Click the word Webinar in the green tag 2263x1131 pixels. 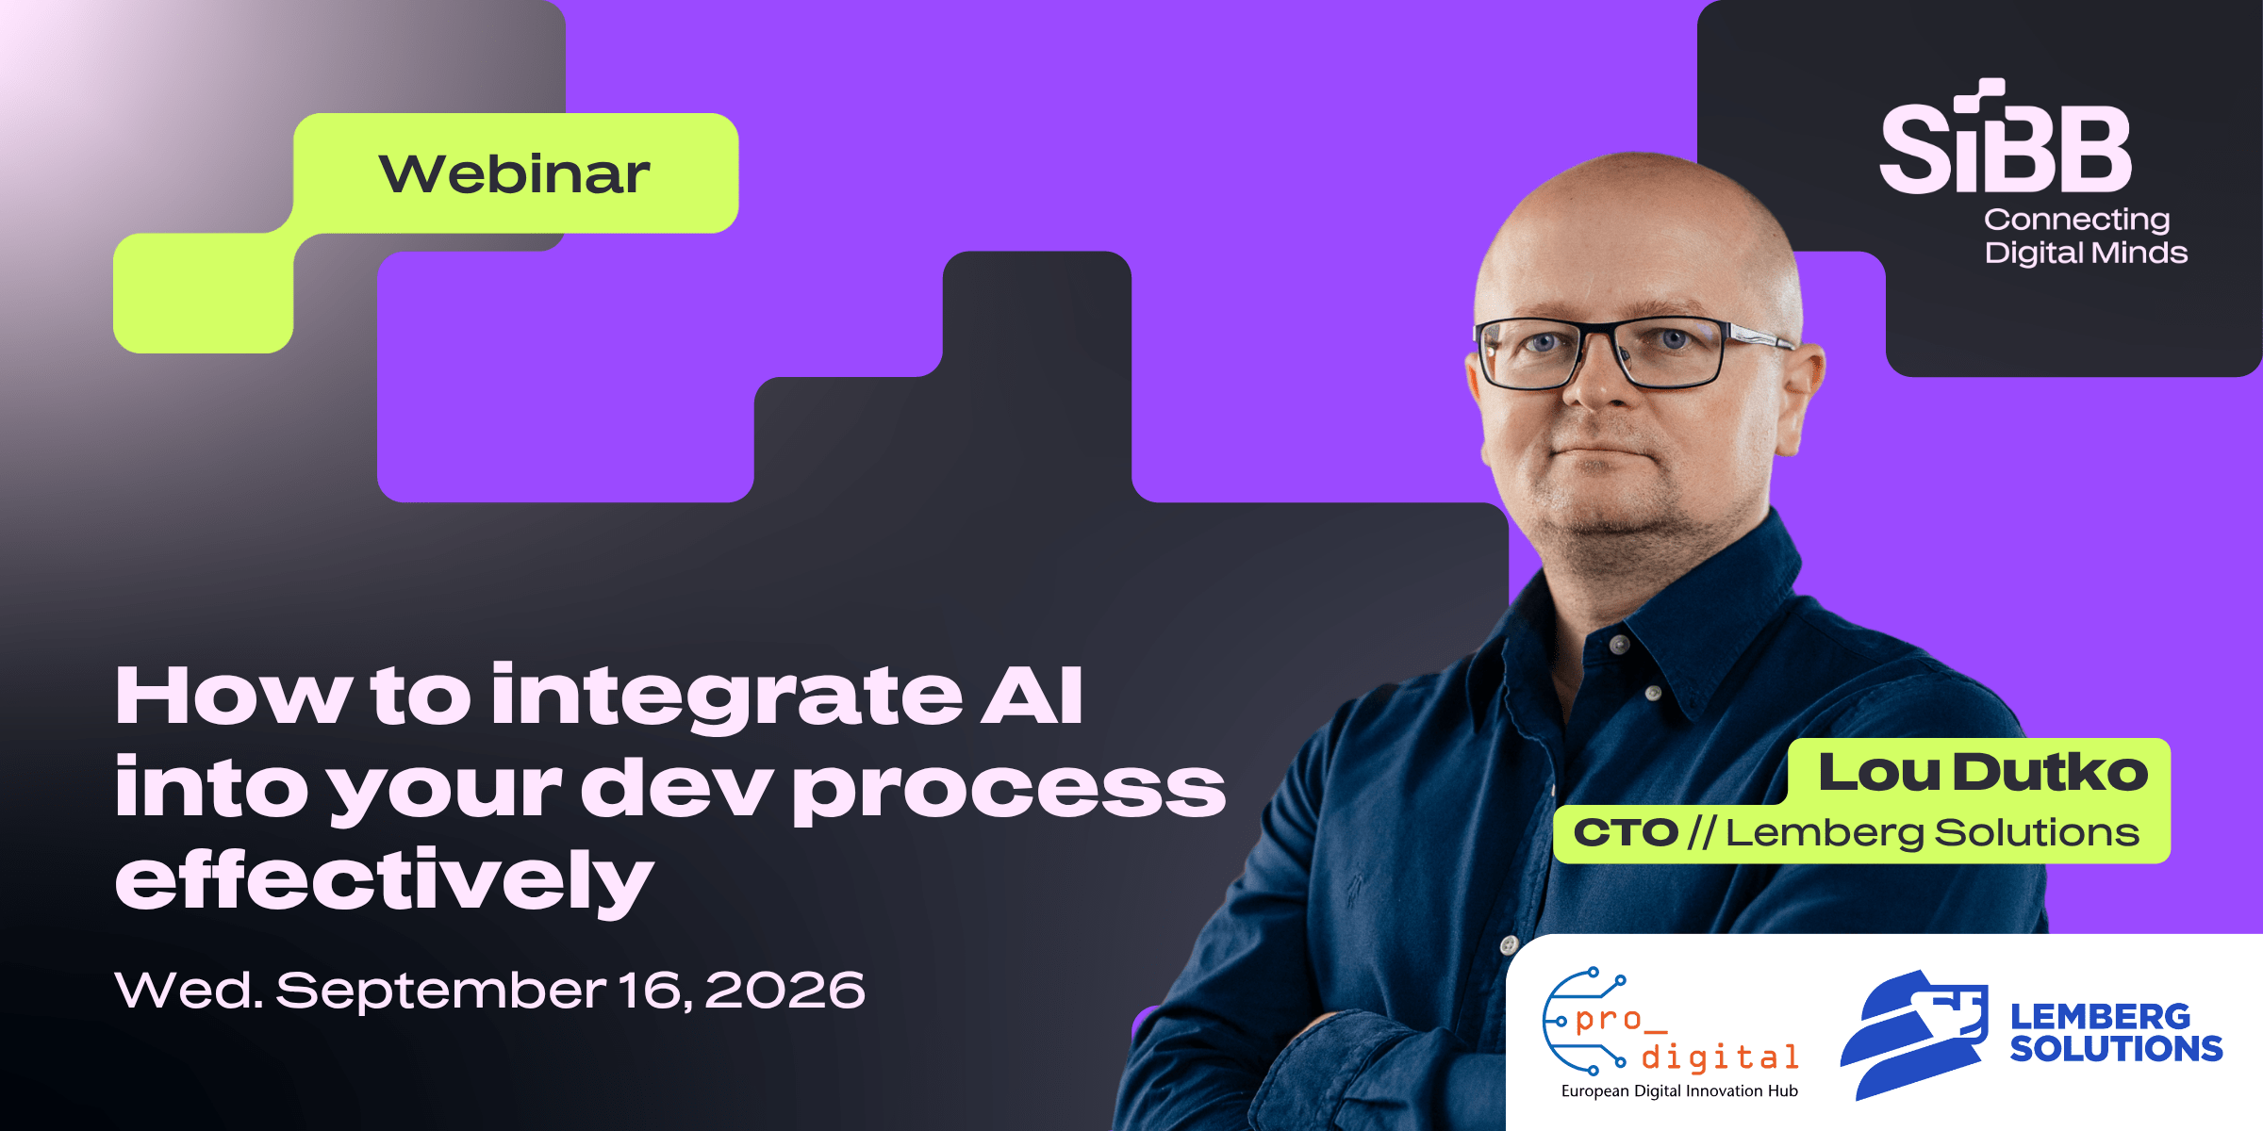[x=515, y=173]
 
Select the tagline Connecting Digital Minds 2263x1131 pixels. [x=2086, y=237]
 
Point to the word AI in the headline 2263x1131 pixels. [x=1032, y=695]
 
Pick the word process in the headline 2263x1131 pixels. [x=1009, y=790]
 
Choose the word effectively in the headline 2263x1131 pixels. [x=384, y=880]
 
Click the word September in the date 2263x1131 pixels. [x=440, y=991]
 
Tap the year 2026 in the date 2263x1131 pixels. [x=785, y=990]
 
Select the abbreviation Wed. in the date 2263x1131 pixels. [x=189, y=990]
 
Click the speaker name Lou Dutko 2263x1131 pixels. [x=1983, y=772]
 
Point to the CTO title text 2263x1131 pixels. [x=1626, y=832]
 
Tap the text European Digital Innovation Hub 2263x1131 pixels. [x=1679, y=1090]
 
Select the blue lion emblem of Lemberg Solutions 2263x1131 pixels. [x=1914, y=1034]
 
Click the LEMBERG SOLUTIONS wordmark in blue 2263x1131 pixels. [x=2116, y=1032]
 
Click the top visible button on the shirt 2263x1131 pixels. [x=1620, y=645]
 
